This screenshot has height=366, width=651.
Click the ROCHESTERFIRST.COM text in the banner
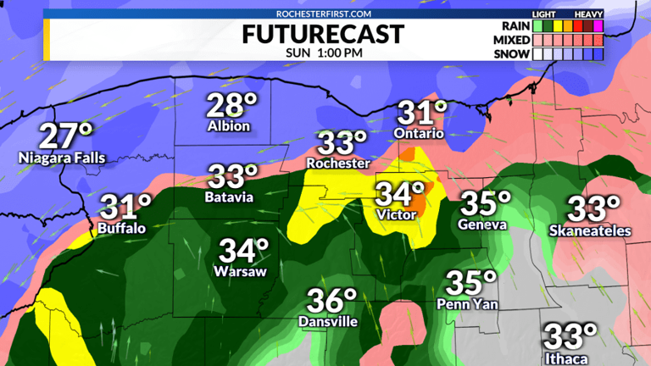click(325, 14)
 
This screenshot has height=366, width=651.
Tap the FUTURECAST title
click(324, 34)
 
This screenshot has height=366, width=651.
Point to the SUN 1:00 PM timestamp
click(324, 53)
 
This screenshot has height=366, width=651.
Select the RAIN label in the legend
click(516, 26)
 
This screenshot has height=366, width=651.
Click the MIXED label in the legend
click(511, 40)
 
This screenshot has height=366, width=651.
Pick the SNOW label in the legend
click(514, 54)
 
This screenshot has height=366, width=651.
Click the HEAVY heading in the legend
click(587, 14)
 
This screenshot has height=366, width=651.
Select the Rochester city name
click(339, 163)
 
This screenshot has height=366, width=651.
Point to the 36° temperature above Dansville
click(329, 301)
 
